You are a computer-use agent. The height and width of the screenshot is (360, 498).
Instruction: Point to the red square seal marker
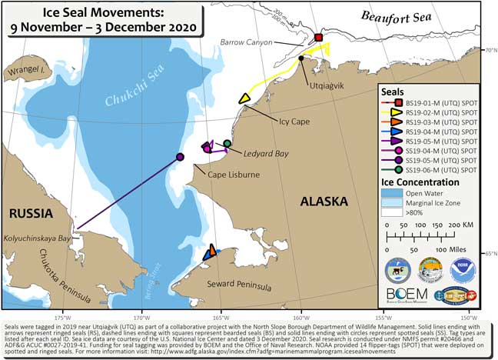coord(320,38)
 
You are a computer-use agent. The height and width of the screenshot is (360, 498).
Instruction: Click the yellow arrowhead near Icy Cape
coord(244,98)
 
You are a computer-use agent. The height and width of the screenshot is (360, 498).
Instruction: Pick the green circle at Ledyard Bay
coord(227,143)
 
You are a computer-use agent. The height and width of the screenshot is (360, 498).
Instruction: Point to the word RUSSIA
coord(25,212)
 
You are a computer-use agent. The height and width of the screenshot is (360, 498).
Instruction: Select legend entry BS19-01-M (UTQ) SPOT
coord(436,102)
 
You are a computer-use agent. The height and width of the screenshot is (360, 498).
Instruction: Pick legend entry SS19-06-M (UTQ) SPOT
coord(436,170)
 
